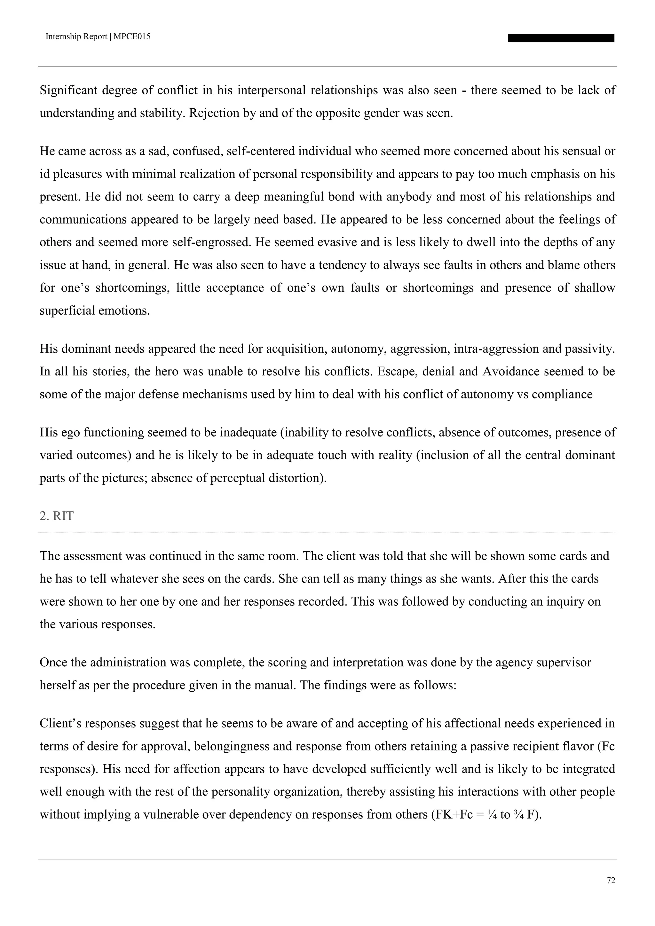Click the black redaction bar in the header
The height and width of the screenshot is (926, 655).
561,38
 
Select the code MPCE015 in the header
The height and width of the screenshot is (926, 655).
132,37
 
